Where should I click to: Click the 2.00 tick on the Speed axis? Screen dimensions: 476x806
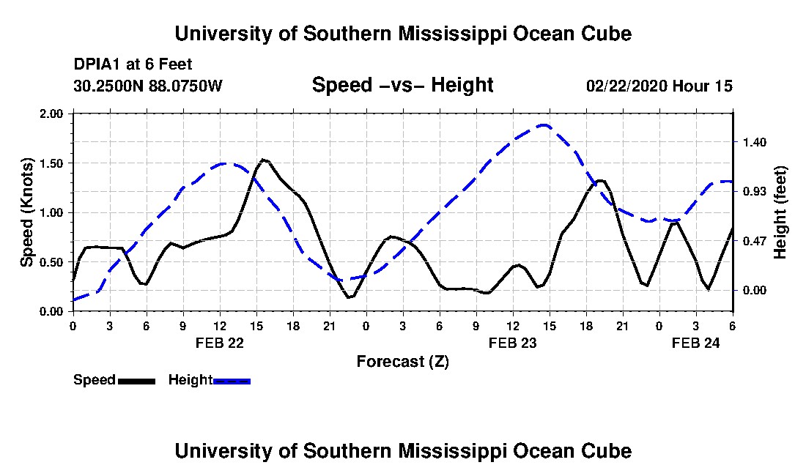(x=53, y=114)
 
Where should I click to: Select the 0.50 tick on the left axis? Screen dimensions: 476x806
(x=53, y=261)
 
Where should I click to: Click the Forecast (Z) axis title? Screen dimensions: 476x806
(x=402, y=361)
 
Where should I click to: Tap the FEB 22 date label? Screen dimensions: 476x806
(x=220, y=343)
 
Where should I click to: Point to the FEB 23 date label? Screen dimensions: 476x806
(x=513, y=343)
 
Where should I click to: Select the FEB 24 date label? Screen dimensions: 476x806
(x=696, y=343)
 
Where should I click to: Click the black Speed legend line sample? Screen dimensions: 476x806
(x=136, y=381)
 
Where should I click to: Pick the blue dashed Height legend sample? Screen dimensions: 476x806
(x=232, y=381)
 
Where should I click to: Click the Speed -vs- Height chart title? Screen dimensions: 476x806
(x=402, y=85)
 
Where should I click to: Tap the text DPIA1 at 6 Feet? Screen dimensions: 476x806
(x=133, y=64)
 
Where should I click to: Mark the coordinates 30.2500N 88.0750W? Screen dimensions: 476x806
(x=147, y=86)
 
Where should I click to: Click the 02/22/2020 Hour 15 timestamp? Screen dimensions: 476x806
(x=659, y=86)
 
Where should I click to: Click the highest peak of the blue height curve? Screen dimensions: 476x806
(x=544, y=125)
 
